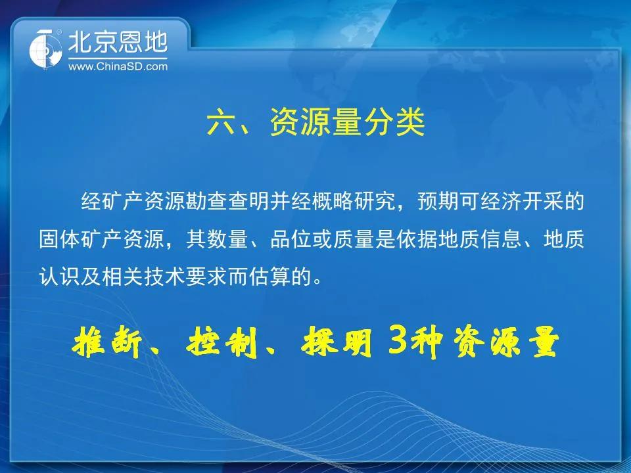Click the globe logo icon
click(45, 50)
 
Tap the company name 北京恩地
click(118, 42)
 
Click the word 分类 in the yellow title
click(395, 123)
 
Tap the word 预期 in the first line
click(438, 202)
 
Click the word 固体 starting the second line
click(60, 239)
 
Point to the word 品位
click(291, 239)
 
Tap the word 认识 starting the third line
click(60, 277)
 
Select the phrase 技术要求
click(186, 277)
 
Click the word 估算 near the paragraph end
click(269, 277)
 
